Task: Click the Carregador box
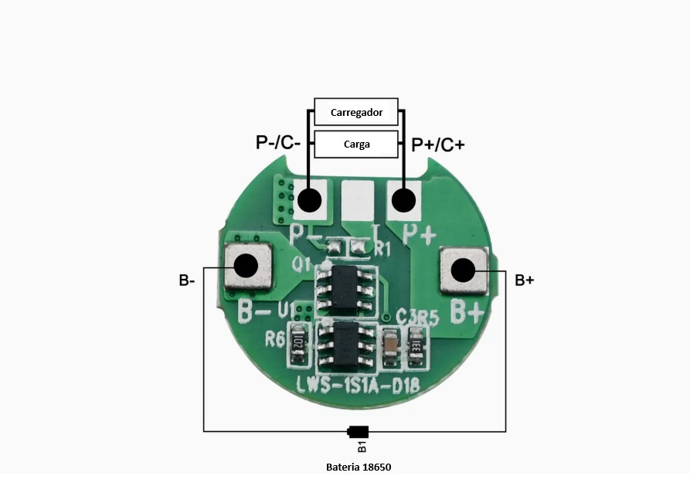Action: (x=356, y=113)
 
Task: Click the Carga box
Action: (x=356, y=144)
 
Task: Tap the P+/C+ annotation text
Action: (x=438, y=144)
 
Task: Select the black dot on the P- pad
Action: (x=309, y=201)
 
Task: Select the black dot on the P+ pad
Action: (x=402, y=201)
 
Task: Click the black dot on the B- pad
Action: (x=246, y=266)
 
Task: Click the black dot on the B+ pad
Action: (x=463, y=270)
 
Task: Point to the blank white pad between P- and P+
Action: (x=357, y=200)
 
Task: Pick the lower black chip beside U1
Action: (x=347, y=345)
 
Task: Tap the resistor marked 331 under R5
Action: (x=415, y=343)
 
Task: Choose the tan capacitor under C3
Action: (x=392, y=343)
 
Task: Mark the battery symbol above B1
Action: (x=359, y=432)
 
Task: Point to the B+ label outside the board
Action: (x=525, y=280)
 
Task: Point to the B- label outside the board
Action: (x=186, y=280)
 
